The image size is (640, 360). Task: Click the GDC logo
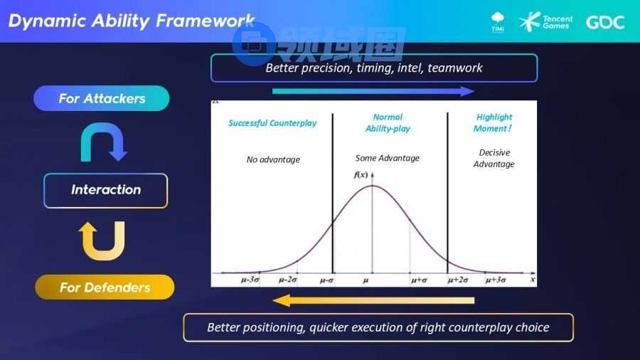point(605,22)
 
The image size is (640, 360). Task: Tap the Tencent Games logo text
point(558,22)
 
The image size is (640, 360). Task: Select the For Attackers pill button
point(102,98)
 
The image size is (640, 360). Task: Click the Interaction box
point(106,190)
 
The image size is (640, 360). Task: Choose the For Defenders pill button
point(105,287)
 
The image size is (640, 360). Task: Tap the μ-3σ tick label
point(250,280)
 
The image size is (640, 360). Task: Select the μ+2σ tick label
point(457,280)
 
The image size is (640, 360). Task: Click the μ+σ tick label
point(419,280)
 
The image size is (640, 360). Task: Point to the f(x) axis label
point(361,175)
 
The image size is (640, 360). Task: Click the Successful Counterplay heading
point(272,123)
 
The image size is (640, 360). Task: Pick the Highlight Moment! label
point(493,122)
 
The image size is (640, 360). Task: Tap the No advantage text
point(273,159)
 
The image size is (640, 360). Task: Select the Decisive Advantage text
point(494,158)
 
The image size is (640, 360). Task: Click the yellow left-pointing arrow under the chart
point(373,301)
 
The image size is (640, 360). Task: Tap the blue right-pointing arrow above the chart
point(373,91)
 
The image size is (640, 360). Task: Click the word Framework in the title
point(206,21)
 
